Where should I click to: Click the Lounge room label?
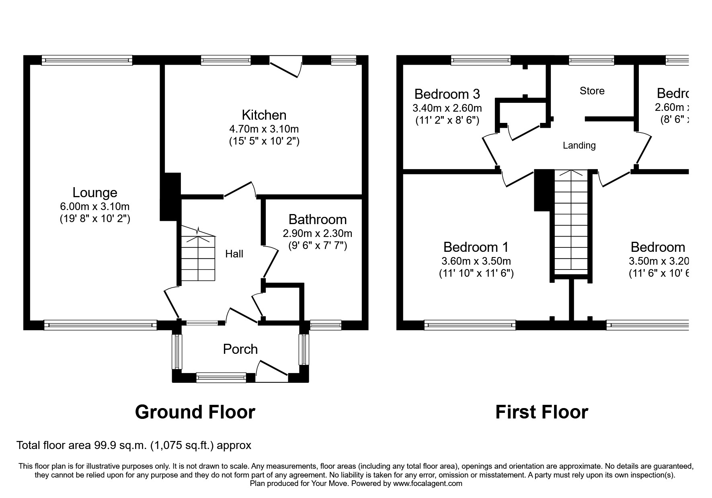coord(95,193)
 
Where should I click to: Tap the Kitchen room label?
coord(264,115)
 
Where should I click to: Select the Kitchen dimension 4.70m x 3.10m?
coord(264,129)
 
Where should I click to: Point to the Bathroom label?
coord(318,220)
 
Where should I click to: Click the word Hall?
coord(234,254)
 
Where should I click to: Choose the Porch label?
coord(240,349)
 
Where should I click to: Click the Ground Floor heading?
coord(195,412)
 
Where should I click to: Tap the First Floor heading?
coord(542,412)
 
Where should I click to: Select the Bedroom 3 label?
coord(447,94)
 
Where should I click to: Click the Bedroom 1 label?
coord(476,247)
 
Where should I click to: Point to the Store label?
coord(592,91)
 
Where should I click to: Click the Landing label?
coord(579,145)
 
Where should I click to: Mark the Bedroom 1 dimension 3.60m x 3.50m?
coord(476,261)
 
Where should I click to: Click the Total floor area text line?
coord(133,445)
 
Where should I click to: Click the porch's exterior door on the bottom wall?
coord(272,371)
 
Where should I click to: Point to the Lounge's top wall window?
coord(87,60)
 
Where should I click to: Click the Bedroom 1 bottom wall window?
coord(470,325)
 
